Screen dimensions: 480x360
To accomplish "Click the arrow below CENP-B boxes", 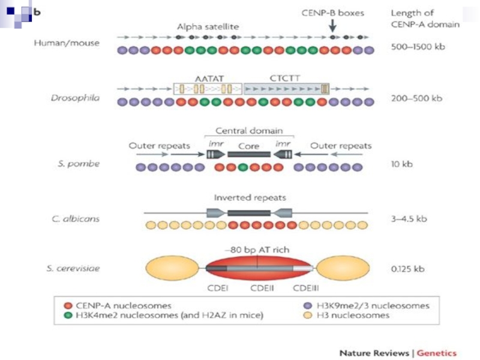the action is [x=332, y=25].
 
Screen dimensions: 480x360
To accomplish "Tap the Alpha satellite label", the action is [x=208, y=27].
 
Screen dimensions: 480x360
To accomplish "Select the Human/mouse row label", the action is [x=67, y=43].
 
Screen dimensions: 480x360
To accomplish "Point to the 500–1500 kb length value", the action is [x=418, y=47].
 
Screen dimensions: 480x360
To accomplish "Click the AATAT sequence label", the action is [x=209, y=79].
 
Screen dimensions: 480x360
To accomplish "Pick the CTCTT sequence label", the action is [x=284, y=79].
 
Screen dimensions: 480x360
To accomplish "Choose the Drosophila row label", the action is [x=76, y=98].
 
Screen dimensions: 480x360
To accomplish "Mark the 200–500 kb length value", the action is [x=416, y=98].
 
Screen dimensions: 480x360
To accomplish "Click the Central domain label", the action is [x=249, y=131].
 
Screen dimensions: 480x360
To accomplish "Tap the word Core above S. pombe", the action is [x=248, y=146].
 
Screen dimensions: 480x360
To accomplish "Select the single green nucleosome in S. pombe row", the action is [x=243, y=167].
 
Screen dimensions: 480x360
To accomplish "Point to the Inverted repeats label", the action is [x=250, y=198].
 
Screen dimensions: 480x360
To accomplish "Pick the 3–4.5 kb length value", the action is [x=409, y=219].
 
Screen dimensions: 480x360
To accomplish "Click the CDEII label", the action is [x=262, y=289].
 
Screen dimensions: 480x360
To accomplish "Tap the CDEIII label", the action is [x=306, y=289].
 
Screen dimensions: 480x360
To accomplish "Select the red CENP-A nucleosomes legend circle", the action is [x=68, y=305].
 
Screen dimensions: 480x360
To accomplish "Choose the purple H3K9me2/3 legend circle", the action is [x=308, y=305].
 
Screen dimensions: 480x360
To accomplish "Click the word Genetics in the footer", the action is [x=437, y=353].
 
